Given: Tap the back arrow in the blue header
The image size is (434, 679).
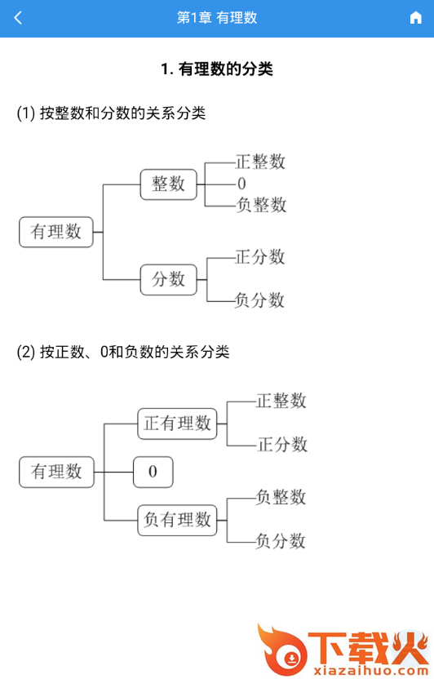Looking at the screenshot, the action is coord(18,18).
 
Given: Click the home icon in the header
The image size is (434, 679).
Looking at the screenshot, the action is coord(415,18).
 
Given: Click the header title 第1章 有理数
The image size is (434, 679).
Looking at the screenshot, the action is coord(217,18).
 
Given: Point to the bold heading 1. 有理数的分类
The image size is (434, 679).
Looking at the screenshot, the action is coord(217,69).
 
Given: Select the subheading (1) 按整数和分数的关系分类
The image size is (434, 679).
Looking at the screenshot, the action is coord(111,113).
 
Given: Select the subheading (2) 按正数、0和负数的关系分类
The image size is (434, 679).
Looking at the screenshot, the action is coord(123,352).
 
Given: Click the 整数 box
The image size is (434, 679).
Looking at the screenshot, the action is coord(168,184).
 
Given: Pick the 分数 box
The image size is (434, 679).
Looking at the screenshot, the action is coord(168,280).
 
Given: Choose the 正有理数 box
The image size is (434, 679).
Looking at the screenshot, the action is coord(177,424).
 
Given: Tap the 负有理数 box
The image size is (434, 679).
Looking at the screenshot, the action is coord(177,520).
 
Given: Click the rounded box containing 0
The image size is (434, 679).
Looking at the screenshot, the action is coord(153,472).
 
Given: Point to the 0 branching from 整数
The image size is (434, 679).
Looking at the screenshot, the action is coord(241,184).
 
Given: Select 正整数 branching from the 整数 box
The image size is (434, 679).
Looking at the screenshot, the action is coord(260,162).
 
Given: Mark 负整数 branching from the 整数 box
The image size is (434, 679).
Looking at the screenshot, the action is coord(261,205).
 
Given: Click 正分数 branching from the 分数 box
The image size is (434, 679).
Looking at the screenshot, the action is coord(260,257).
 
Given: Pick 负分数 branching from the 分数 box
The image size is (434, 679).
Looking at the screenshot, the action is coord(259,300).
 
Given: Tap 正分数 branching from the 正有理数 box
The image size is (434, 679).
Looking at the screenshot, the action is coord(282,445).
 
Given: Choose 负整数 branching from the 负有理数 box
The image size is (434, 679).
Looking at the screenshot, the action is coord(281,497).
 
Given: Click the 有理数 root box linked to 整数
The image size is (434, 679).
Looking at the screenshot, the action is coord(56,232).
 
